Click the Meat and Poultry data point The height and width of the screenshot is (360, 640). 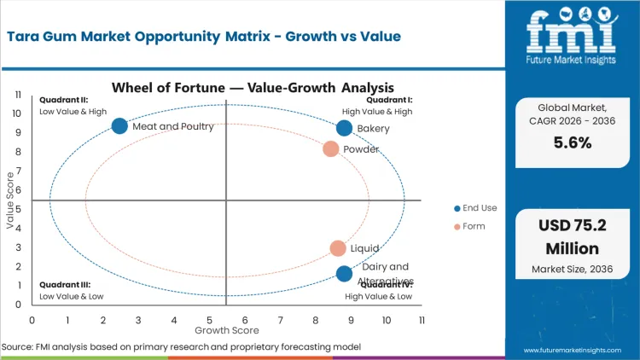point(119,126)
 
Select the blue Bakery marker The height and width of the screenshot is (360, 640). point(344,128)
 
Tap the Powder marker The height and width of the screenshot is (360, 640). point(331,149)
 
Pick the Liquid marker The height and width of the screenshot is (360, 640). point(338,248)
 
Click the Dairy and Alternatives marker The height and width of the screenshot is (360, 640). point(344,274)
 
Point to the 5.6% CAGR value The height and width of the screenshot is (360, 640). point(572,143)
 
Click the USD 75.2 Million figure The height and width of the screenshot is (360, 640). point(572,237)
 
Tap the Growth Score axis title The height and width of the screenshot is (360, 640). point(226,329)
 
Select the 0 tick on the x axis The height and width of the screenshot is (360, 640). point(32,320)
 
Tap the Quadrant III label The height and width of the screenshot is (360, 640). point(64,285)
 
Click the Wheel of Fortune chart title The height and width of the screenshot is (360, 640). point(253,87)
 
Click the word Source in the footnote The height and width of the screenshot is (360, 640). point(18,347)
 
